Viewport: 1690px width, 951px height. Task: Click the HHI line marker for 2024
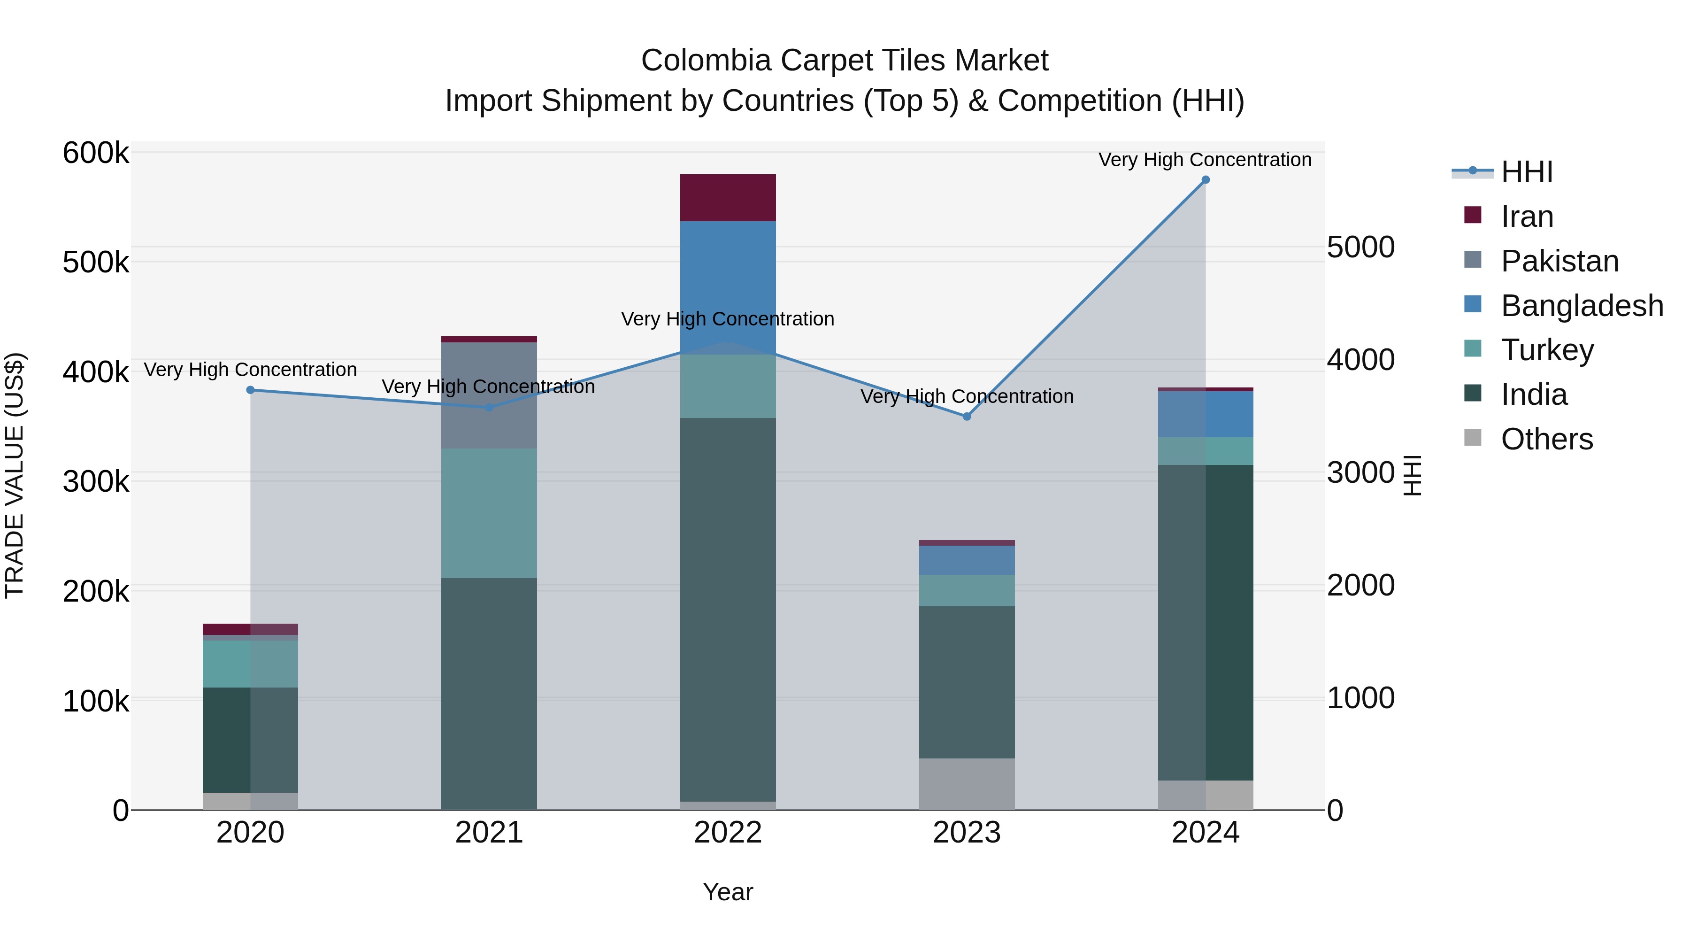pos(1205,180)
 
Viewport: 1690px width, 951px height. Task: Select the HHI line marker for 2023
pos(967,417)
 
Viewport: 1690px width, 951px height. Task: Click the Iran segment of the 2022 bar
pos(728,198)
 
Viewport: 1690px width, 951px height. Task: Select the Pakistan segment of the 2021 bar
pos(489,395)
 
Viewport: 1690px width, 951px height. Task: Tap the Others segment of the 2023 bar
pos(967,784)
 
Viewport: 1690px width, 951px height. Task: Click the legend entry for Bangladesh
pos(1581,306)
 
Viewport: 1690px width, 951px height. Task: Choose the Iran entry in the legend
pos(1527,216)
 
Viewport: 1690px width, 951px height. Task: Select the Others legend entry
pos(1546,439)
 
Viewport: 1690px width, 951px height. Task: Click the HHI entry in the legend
pos(1527,172)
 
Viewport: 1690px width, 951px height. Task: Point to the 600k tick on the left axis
pos(96,154)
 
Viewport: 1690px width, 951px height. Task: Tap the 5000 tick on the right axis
pos(1360,247)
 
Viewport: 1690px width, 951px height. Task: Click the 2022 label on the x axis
pos(728,833)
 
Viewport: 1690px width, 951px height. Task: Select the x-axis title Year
pos(728,892)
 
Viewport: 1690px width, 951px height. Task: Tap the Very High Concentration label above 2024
pos(1205,160)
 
